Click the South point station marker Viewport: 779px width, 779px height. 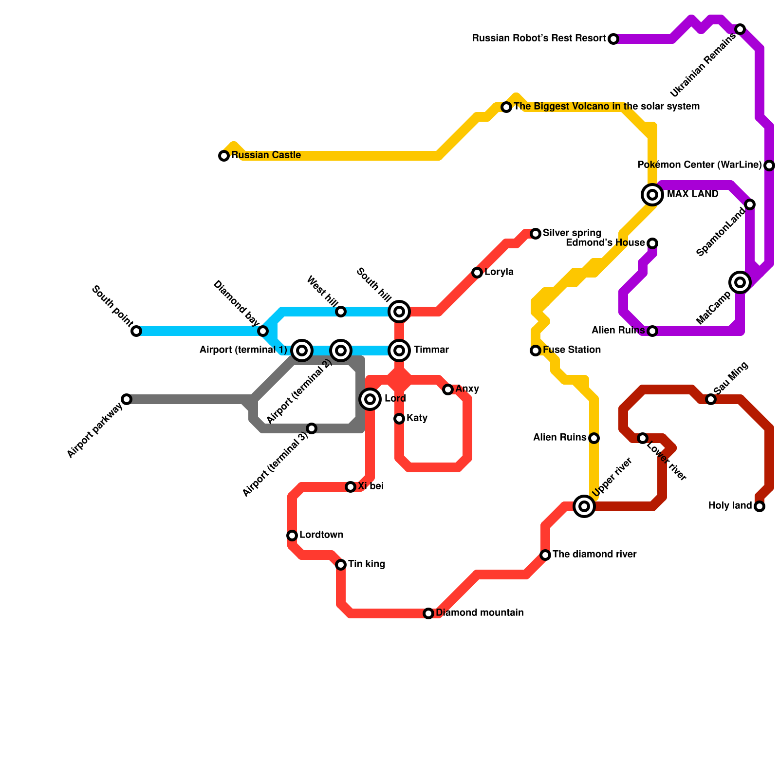[136, 331]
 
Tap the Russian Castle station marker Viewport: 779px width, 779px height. [224, 156]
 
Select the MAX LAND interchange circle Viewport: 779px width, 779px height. [652, 195]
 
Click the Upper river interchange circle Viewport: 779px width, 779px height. [584, 506]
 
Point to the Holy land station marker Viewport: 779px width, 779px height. [760, 506]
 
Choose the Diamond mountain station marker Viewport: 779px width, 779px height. [428, 613]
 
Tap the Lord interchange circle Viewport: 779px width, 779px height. [370, 399]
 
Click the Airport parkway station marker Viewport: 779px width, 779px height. [127, 399]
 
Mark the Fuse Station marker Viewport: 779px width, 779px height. [536, 351]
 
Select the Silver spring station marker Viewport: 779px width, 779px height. [536, 234]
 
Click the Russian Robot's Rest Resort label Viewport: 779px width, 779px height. [539, 38]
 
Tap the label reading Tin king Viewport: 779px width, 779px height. [367, 564]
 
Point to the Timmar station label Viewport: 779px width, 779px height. [431, 350]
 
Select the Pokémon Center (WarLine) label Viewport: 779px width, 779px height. [699, 165]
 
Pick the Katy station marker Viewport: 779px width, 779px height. [399, 419]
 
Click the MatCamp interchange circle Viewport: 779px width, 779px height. [740, 282]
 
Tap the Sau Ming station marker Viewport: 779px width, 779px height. [711, 399]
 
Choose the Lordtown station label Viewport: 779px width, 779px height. [321, 535]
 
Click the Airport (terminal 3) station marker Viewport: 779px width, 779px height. [312, 428]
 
